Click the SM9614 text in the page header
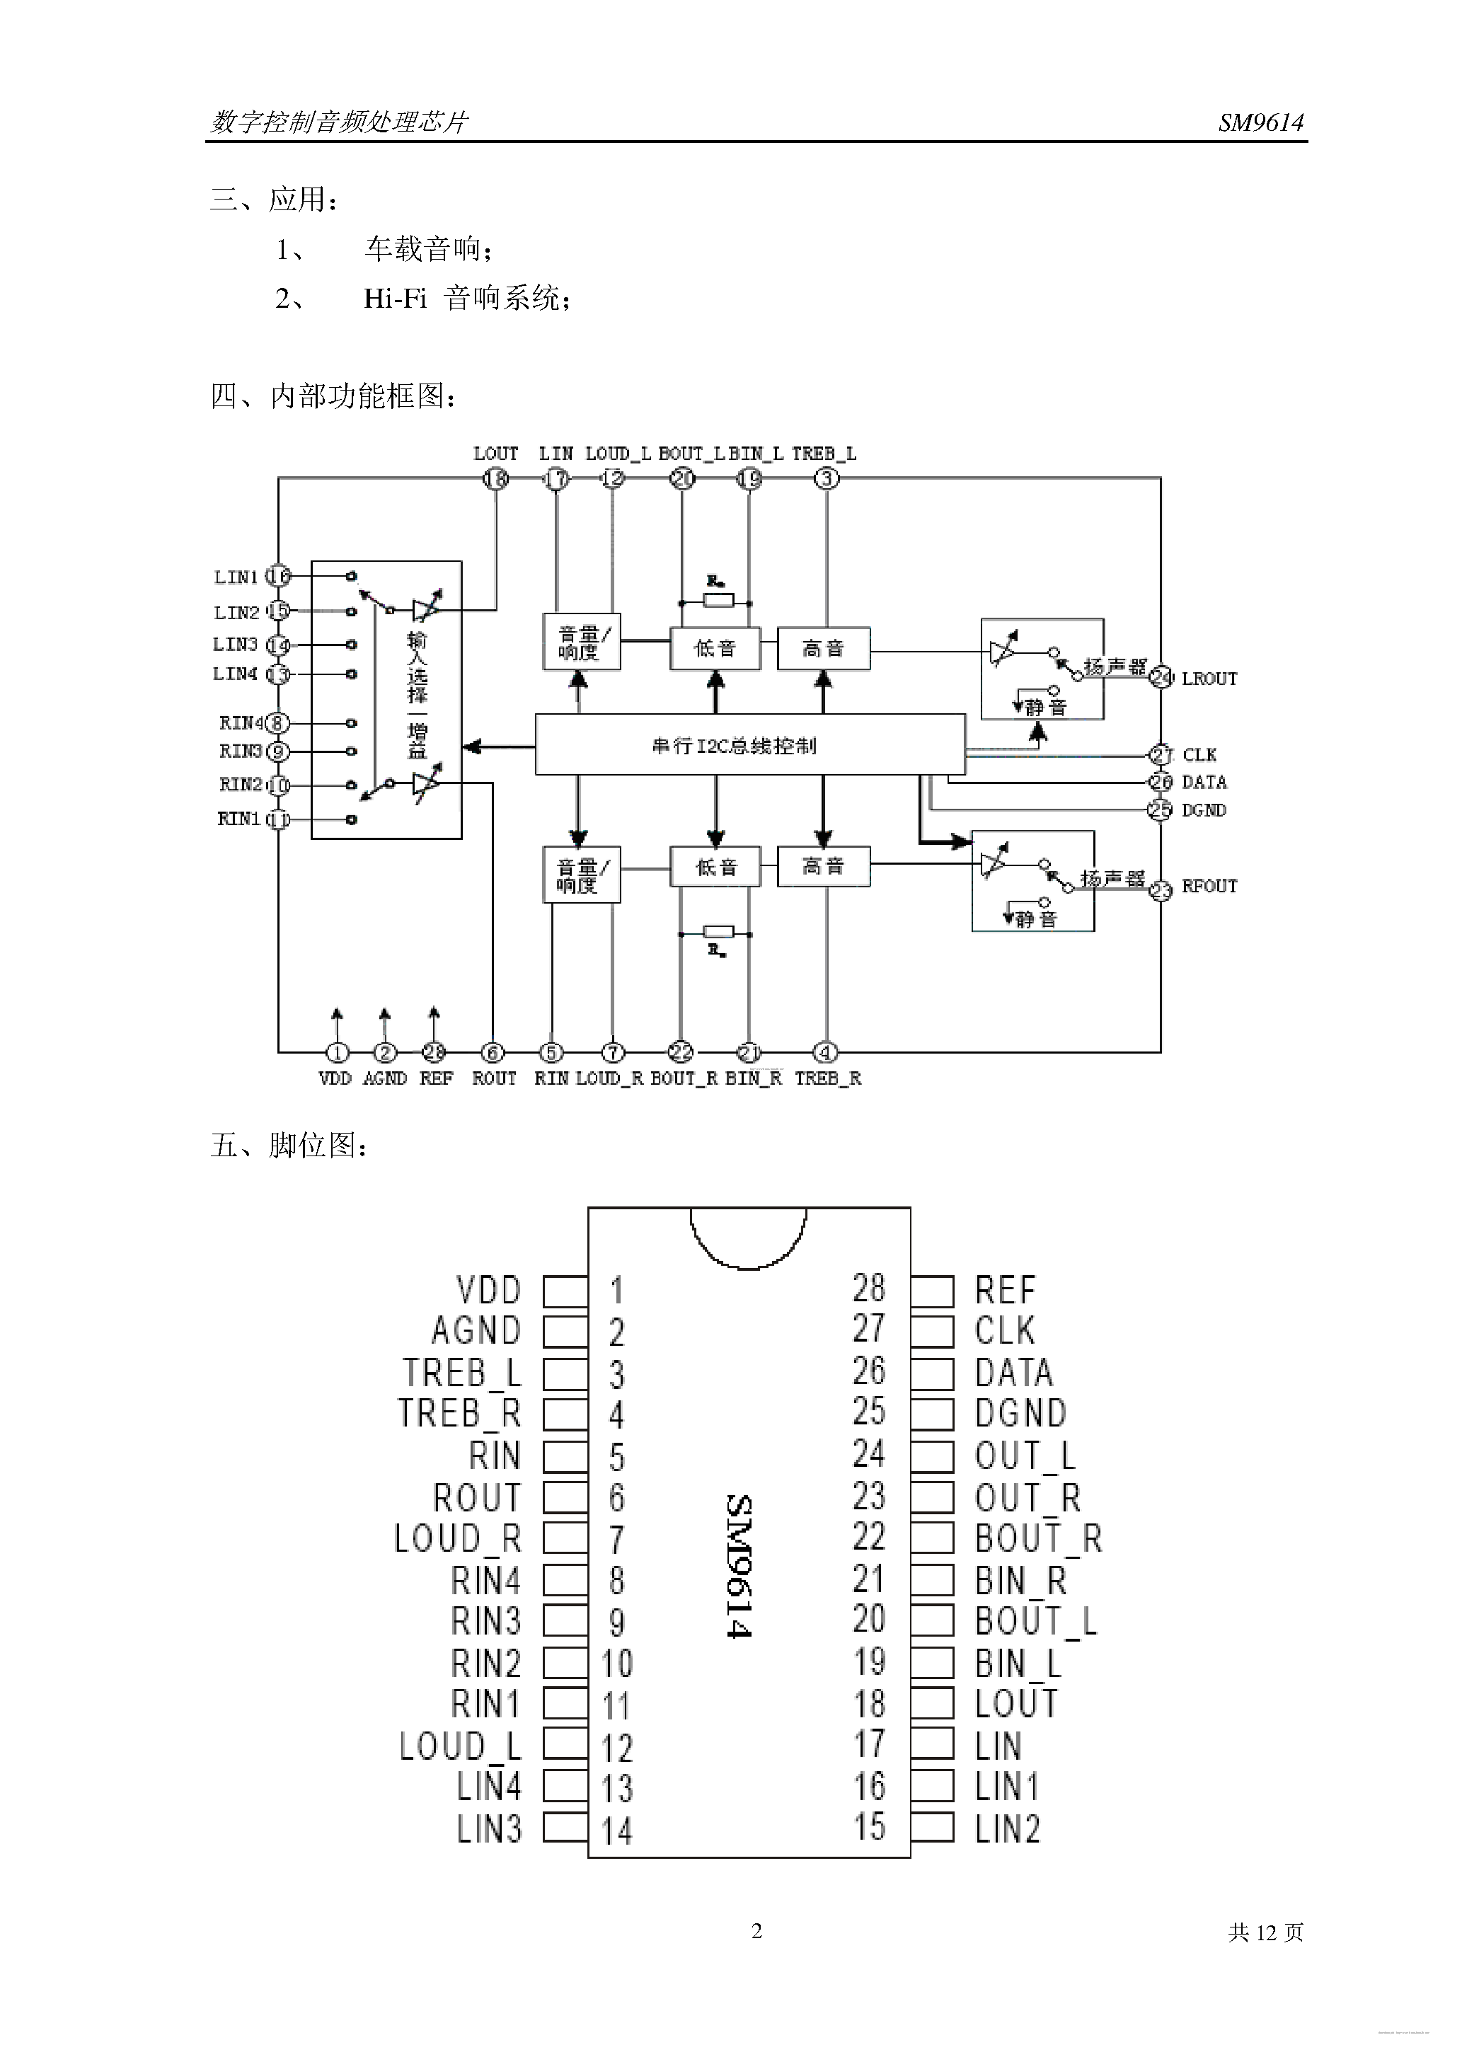pyautogui.click(x=1260, y=122)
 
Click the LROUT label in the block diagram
pyautogui.click(x=1209, y=679)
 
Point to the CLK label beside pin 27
pyautogui.click(x=1199, y=754)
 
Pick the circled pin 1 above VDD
pyautogui.click(x=337, y=1051)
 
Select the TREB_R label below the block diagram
pyautogui.click(x=827, y=1078)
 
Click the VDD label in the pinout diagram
pyautogui.click(x=488, y=1291)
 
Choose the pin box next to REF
pyautogui.click(x=932, y=1291)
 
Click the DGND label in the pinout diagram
pyautogui.click(x=1020, y=1413)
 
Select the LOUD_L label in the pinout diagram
pyautogui.click(x=461, y=1746)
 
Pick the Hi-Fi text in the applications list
pyautogui.click(x=395, y=299)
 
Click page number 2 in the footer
pyautogui.click(x=757, y=1930)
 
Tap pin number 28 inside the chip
pyautogui.click(x=869, y=1289)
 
